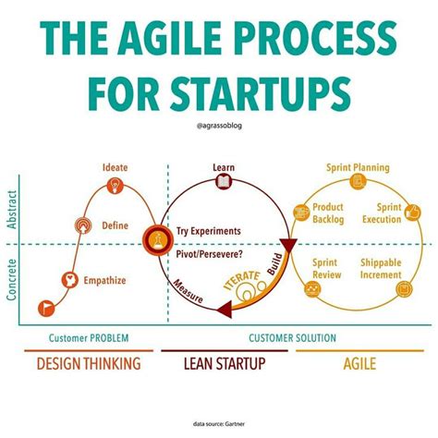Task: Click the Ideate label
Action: pyautogui.click(x=116, y=167)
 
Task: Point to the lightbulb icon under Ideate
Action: pyautogui.click(x=116, y=186)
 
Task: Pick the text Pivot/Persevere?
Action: pyautogui.click(x=211, y=251)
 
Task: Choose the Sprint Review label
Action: pyautogui.click(x=325, y=268)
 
